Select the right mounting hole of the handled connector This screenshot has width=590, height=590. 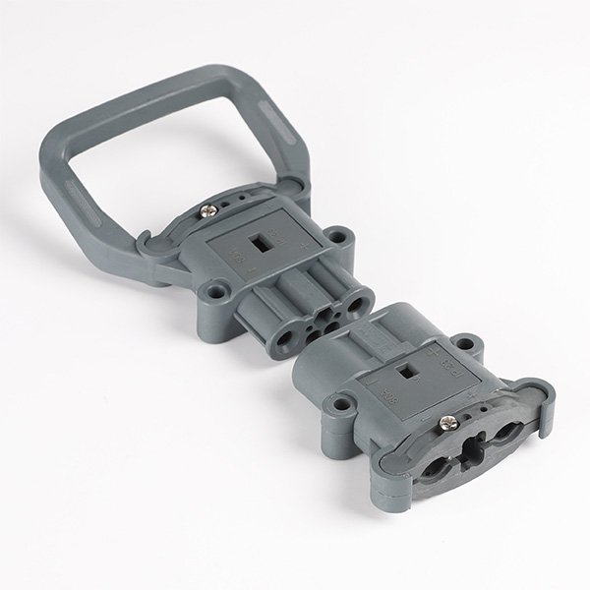(341, 236)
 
